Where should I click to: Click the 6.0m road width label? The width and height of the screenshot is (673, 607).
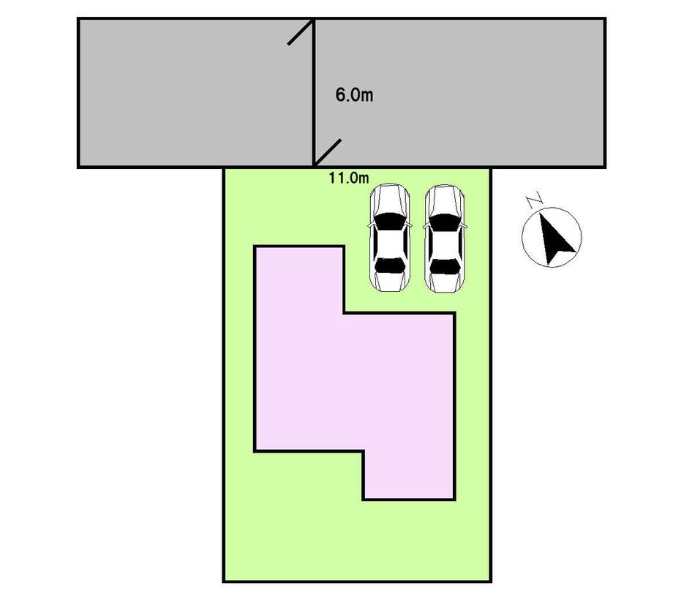(354, 95)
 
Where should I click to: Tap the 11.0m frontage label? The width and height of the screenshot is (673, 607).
(349, 176)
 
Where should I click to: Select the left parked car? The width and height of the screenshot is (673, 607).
(389, 238)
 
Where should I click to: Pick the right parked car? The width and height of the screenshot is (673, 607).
(445, 238)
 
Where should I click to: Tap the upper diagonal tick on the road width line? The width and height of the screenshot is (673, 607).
(301, 32)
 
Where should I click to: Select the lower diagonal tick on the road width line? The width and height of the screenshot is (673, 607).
(328, 151)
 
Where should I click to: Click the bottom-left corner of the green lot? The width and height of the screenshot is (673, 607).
(224, 581)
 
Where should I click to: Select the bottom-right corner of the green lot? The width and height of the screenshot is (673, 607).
(491, 581)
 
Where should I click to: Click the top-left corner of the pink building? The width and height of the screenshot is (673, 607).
(255, 247)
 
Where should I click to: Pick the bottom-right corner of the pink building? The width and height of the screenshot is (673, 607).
(454, 499)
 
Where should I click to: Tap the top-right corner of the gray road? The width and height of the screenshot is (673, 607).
(604, 19)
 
